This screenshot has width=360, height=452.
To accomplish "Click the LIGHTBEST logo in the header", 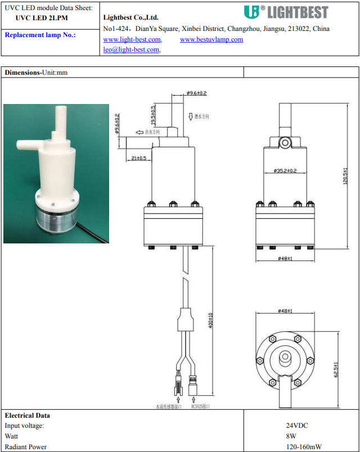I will pos(286,12).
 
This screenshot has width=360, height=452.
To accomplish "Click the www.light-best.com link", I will pos(132,39).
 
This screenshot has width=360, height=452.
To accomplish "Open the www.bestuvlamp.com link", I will pos(211,39).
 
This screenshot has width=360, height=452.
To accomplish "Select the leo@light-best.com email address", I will pos(132,49).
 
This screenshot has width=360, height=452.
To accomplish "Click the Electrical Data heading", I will pos(28,415).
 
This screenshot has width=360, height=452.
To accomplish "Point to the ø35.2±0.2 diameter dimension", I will pos(285,170).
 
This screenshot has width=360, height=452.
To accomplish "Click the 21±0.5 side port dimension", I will pos(138,159).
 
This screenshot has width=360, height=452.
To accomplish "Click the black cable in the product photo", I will pos(90,232).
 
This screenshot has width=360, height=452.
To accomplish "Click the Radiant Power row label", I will pos(25,447).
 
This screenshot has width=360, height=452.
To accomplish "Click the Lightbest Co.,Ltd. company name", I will pos(130,17).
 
